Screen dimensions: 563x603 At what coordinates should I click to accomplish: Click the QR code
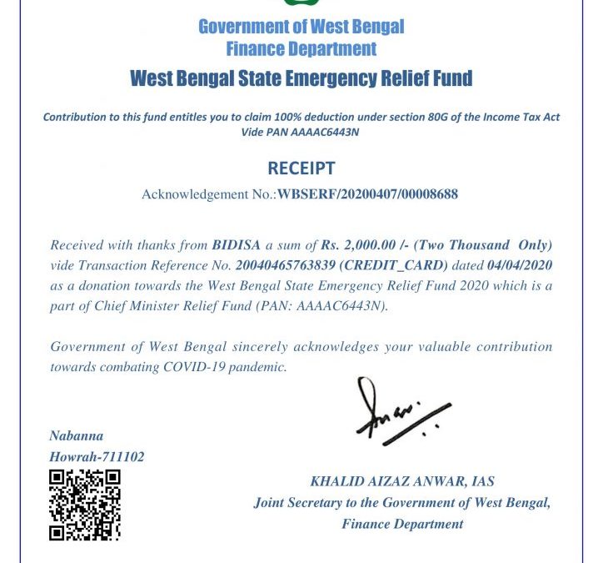[x=84, y=505]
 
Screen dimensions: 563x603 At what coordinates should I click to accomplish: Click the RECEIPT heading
[x=301, y=168]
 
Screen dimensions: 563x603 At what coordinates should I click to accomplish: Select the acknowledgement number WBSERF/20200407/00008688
[x=367, y=194]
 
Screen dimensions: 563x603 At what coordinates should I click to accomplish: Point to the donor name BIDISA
[x=237, y=245]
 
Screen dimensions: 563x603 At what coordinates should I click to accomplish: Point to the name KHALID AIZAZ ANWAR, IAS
[x=402, y=481]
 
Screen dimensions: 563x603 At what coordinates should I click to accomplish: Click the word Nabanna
[x=77, y=435]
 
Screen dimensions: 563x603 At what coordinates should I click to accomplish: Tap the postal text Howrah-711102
[x=97, y=456]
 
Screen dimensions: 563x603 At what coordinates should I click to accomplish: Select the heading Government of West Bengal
[x=301, y=26]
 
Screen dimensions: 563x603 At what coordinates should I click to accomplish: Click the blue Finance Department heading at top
[x=301, y=48]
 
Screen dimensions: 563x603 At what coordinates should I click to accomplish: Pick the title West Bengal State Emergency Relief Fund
[x=301, y=79]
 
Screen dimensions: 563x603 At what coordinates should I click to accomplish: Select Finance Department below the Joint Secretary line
[x=402, y=524]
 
